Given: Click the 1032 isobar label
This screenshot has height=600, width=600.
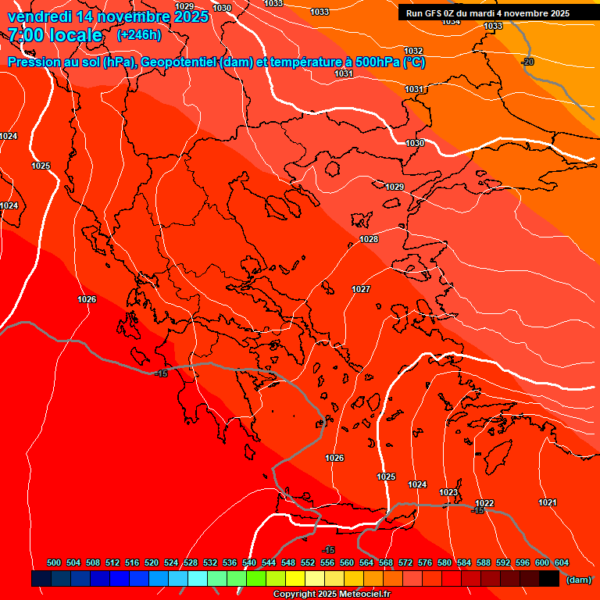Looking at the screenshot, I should (x=413, y=51).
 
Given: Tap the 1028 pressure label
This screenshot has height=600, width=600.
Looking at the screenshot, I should (x=369, y=239).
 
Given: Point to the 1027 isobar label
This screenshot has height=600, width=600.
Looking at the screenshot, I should (x=361, y=289).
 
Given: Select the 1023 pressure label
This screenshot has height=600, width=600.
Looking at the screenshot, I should (x=448, y=492).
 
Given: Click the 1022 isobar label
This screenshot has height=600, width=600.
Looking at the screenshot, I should (x=484, y=503).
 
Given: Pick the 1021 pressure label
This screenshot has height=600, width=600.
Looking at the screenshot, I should (x=548, y=502).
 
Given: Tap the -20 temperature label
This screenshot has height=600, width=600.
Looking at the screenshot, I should (x=528, y=62).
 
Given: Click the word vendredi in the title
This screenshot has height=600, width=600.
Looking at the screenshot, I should (x=41, y=16).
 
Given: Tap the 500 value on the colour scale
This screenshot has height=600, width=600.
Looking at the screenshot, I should (x=54, y=562).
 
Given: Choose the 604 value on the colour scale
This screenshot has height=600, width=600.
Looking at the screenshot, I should (x=562, y=562).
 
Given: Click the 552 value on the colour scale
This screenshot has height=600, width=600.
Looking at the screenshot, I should (x=308, y=562).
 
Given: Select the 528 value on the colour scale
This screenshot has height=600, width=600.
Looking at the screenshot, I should (x=191, y=562).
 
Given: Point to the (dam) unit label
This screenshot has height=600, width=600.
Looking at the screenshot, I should (x=578, y=580).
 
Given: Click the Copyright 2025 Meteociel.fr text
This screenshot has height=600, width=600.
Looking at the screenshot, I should (x=331, y=595).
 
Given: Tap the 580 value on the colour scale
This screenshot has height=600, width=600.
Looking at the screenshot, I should (x=445, y=562).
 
